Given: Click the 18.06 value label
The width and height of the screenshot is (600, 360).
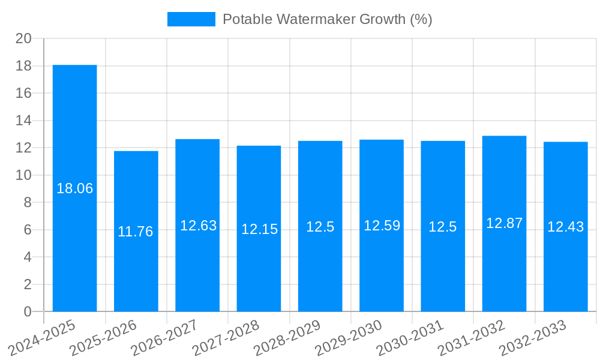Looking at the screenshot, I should (x=75, y=188).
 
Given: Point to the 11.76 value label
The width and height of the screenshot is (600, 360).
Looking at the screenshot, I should (x=136, y=232).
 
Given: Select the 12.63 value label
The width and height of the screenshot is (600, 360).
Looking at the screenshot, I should (x=199, y=226).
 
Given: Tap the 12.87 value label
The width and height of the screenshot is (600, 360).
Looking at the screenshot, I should (x=504, y=223).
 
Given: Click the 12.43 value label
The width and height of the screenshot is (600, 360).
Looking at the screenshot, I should (x=565, y=227).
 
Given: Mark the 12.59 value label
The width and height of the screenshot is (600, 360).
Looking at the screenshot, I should (x=382, y=226).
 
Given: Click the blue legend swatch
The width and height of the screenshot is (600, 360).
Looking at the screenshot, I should (x=191, y=19).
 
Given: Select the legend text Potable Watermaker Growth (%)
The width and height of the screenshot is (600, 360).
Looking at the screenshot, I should (x=327, y=19).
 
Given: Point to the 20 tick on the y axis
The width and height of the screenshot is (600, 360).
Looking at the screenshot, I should (x=23, y=38).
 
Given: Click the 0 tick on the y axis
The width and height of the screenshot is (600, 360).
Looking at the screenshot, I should (x=28, y=311).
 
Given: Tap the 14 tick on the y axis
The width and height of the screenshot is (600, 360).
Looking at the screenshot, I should (x=23, y=121).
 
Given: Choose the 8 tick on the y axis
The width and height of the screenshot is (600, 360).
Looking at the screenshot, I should (x=28, y=202).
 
